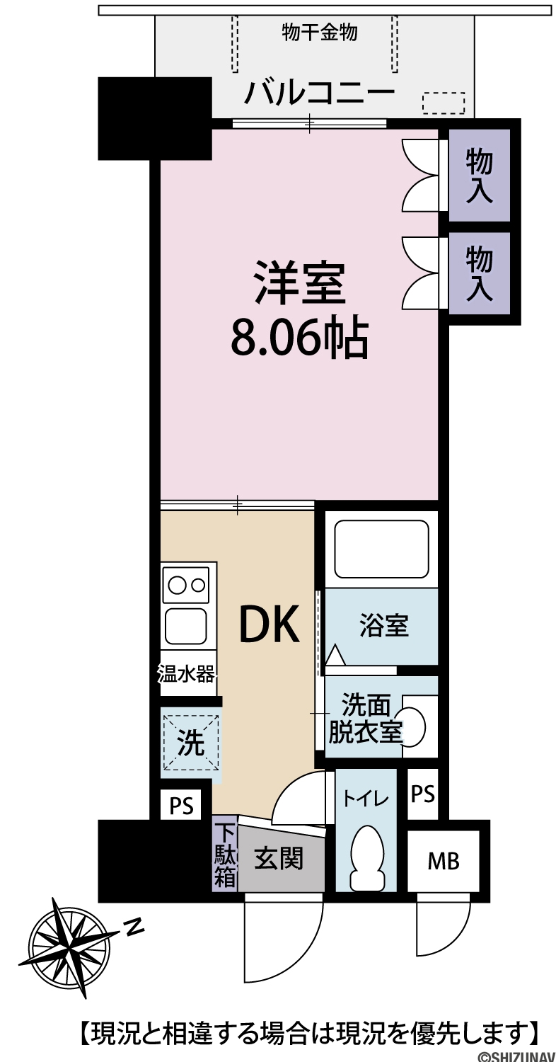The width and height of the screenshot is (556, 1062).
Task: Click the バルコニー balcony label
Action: point(319,93)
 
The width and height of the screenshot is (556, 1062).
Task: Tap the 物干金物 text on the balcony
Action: point(319,33)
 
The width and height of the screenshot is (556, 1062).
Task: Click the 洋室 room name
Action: point(299,283)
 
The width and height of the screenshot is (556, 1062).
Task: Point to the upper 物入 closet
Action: point(480,176)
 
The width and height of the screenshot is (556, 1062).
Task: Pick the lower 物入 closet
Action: point(480,273)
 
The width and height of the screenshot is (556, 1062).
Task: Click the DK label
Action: point(270,624)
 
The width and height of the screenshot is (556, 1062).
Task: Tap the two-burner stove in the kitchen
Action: point(185,585)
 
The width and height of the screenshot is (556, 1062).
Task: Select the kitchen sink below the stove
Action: point(185,625)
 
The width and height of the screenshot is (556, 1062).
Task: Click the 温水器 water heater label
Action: point(186,674)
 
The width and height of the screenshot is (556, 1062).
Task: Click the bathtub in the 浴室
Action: point(382,549)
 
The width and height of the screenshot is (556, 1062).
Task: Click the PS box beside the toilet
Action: point(422,794)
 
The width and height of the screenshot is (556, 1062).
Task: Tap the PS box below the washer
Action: point(181,805)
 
